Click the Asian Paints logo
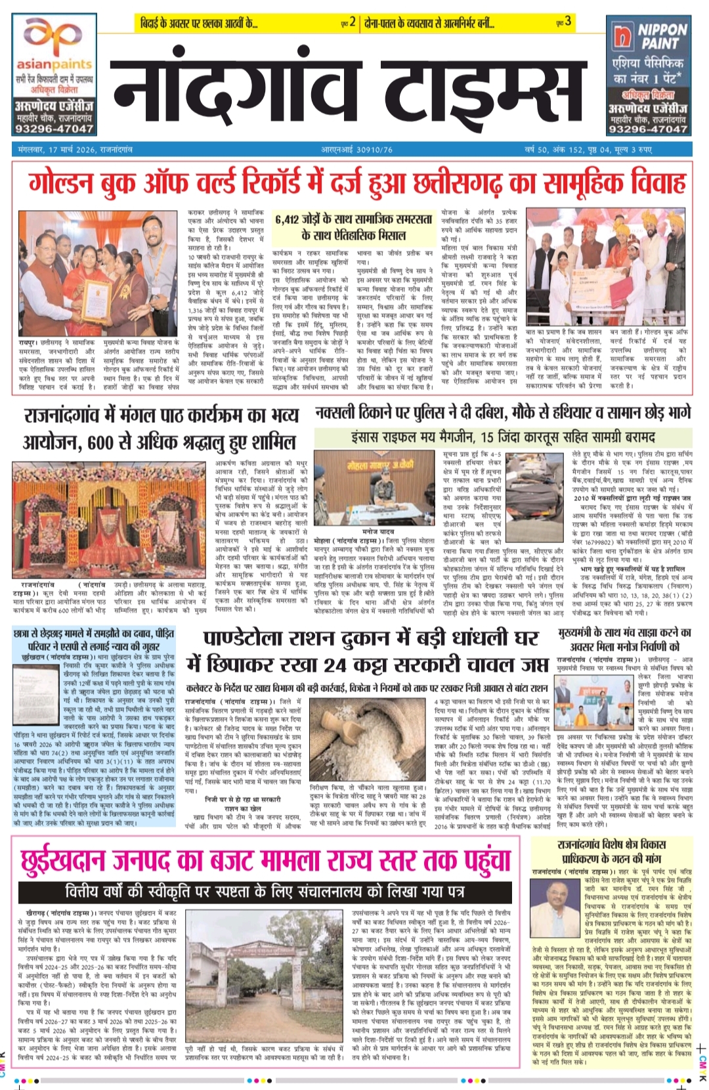[x=54, y=46]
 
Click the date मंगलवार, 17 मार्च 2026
[x=75, y=150]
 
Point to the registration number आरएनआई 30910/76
[x=357, y=150]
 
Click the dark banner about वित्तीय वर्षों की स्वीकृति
[x=265, y=892]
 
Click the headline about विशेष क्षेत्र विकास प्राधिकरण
[x=612, y=852]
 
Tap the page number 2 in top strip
[x=353, y=22]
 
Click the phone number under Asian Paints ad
[x=55, y=129]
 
